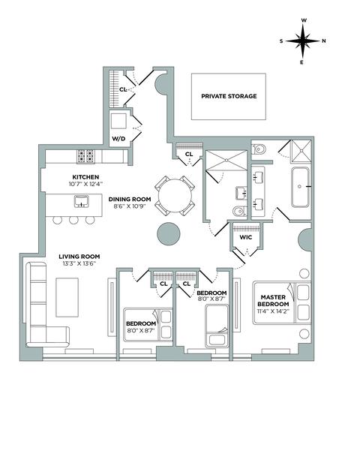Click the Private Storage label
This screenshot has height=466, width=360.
coord(229,96)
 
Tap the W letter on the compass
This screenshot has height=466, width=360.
coord(304,20)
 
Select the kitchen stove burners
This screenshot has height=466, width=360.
coord(85,156)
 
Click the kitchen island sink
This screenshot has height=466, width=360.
coord(81,201)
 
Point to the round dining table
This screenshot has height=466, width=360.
coord(175,196)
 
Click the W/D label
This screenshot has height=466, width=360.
coord(118,139)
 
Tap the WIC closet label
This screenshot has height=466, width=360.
coord(246,237)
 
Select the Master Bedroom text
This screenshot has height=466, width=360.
coord(273,300)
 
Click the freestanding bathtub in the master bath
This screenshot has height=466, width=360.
coord(300,187)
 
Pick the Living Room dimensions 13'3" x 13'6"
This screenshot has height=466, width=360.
coord(79,263)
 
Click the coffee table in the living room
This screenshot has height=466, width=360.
coord(67,297)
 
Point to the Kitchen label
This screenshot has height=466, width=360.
coord(85,177)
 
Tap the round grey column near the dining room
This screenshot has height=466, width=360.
coord(169,233)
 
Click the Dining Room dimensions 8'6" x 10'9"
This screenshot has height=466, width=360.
coord(130,206)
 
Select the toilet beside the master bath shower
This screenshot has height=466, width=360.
coord(259,149)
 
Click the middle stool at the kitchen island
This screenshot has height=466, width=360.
coord(73,220)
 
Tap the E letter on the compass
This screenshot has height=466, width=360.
coord(301,62)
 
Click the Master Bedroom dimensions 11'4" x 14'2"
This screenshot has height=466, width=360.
coord(273,311)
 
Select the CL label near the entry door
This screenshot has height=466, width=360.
coord(123,89)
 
